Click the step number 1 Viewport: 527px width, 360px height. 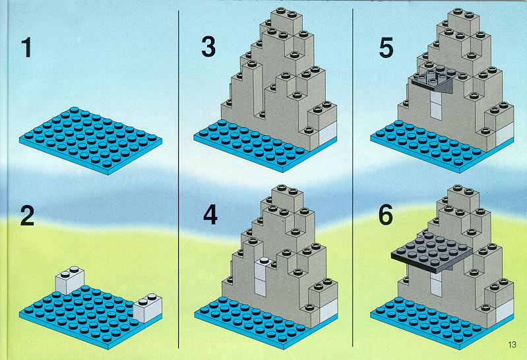point(26,47)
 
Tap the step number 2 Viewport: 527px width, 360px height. point(28,216)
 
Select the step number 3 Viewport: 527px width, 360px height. point(208,47)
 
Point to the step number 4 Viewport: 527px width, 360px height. point(210,215)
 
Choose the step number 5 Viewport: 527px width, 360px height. point(386,47)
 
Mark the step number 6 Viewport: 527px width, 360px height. point(386,215)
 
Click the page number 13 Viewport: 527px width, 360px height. point(512,345)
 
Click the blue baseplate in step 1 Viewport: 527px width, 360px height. point(91,140)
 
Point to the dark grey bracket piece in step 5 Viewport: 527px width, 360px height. point(433,82)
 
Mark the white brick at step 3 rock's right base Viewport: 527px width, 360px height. point(327,134)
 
